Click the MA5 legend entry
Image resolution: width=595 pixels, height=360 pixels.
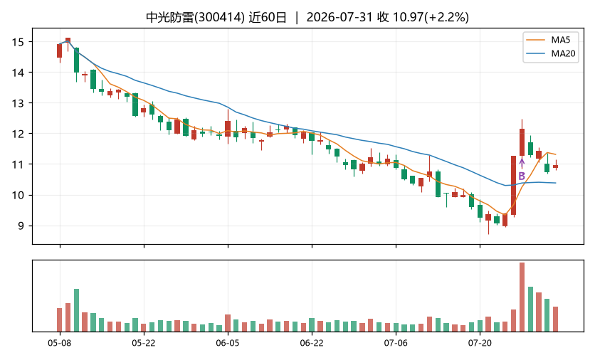click(x=550, y=41)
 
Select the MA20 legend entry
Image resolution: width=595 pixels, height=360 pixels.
click(x=552, y=53)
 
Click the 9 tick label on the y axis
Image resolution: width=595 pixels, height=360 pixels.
click(x=21, y=226)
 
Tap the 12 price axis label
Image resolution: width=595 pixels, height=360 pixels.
click(x=18, y=134)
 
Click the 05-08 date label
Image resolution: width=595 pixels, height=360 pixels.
click(x=60, y=344)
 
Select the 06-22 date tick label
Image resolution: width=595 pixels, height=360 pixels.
click(x=312, y=344)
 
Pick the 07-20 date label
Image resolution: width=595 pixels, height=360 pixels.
click(x=480, y=344)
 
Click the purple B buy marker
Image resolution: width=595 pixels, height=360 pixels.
click(x=522, y=176)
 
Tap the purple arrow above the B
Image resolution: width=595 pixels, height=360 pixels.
click(x=522, y=164)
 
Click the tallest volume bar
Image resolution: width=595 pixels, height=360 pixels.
click(x=522, y=297)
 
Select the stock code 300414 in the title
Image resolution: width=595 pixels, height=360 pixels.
click(x=219, y=18)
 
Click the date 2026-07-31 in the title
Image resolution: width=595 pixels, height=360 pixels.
click(x=339, y=18)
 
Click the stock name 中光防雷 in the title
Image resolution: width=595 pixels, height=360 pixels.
click(x=170, y=18)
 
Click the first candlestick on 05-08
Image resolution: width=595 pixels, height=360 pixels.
click(x=60, y=53)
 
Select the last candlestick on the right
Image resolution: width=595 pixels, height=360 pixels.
click(x=556, y=165)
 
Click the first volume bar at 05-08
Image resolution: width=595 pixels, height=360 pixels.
click(x=60, y=319)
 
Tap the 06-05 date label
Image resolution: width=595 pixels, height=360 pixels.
click(x=228, y=344)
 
